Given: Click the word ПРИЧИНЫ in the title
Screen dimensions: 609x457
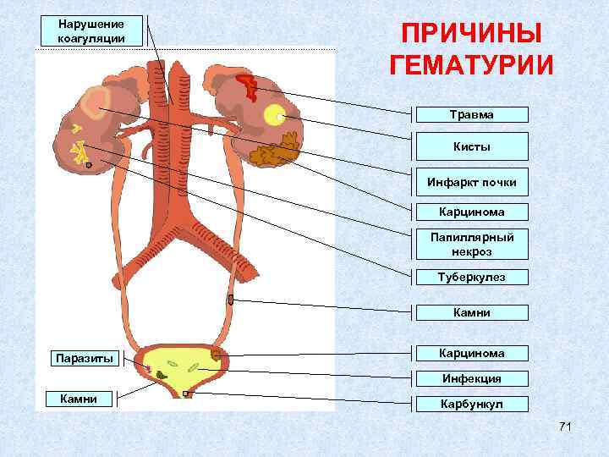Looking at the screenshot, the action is (x=471, y=35).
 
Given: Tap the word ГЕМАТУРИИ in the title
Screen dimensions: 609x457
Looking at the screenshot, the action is (x=471, y=65).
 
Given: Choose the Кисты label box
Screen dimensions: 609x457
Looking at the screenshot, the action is (x=472, y=146).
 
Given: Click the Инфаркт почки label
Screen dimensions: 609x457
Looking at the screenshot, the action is (x=472, y=181).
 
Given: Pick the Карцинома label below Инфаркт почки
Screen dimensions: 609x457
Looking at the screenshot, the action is (x=472, y=212).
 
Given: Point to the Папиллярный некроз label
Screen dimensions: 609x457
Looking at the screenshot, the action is (x=472, y=244).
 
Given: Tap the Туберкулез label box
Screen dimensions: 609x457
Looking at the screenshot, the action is (x=472, y=278).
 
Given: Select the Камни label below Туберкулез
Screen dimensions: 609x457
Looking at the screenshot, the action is (x=472, y=312).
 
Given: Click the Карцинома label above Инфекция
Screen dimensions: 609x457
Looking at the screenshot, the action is (x=472, y=353).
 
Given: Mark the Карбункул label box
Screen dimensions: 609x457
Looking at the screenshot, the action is (x=472, y=404).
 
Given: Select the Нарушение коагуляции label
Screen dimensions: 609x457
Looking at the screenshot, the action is (x=91, y=31).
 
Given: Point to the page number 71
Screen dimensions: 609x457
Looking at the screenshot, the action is (x=565, y=426).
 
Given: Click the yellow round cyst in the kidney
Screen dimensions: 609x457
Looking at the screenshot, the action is (x=273, y=115).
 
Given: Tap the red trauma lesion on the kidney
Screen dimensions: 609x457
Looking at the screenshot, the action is (x=247, y=85).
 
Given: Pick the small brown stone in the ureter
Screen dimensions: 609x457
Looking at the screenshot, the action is (x=230, y=299).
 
